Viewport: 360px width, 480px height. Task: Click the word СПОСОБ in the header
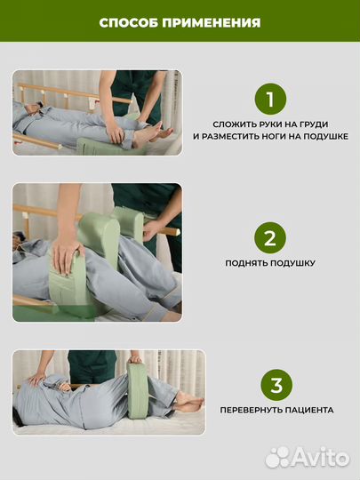coord(129,23)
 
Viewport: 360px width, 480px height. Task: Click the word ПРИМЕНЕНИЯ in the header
coord(212,23)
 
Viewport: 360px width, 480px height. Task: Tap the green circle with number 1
coord(270,99)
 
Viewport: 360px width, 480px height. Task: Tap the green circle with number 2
coord(270,238)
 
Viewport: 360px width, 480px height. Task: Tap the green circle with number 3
coord(276,385)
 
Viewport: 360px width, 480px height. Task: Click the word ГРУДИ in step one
coord(313,124)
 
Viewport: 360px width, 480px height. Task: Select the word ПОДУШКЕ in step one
coord(325,136)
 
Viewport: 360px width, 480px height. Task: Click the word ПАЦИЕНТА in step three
coord(309,410)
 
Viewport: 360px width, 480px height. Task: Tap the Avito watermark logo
coord(308,458)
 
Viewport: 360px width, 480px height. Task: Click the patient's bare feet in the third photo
coord(189,401)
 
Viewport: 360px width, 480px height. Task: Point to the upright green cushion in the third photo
coord(138,390)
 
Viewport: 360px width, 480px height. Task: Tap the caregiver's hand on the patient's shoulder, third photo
coord(37,379)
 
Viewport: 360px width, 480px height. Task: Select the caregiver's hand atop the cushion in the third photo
coord(135,359)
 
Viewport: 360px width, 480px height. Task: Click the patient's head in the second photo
coord(18,240)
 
